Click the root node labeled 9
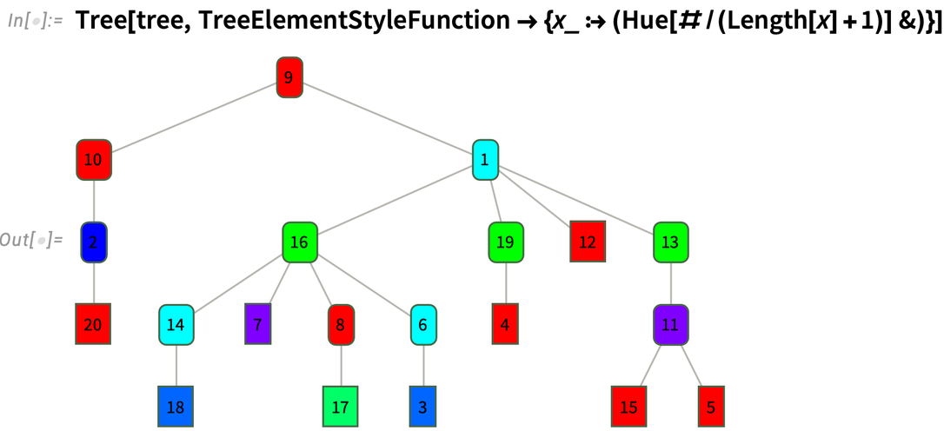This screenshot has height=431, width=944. pos(289,77)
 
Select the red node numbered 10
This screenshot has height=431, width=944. pos(94,160)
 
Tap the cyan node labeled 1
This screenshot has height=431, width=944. pos(485,160)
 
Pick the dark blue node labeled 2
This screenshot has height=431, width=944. pos(94,242)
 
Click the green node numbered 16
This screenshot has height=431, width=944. pos(299,242)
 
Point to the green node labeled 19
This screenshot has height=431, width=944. pos(505,242)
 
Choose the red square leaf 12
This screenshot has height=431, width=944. pos(588,242)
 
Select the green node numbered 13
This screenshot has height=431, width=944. pos(670,242)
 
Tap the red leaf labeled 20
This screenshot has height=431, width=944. pos(94,325)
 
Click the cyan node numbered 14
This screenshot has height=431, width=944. pos(176,325)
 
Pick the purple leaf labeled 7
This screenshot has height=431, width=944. pos(258,325)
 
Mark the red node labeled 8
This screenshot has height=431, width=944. pos(341,325)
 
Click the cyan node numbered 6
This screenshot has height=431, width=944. pos(423,325)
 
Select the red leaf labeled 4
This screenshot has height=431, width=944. pos(505,325)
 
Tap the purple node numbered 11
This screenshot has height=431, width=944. pos(670,325)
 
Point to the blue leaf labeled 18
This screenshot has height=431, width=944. pos(176,407)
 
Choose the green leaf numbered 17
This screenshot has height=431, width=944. pos(341,407)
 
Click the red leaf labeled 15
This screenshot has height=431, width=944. pos(628,407)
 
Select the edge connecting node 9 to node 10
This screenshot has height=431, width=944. pos(191,119)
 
